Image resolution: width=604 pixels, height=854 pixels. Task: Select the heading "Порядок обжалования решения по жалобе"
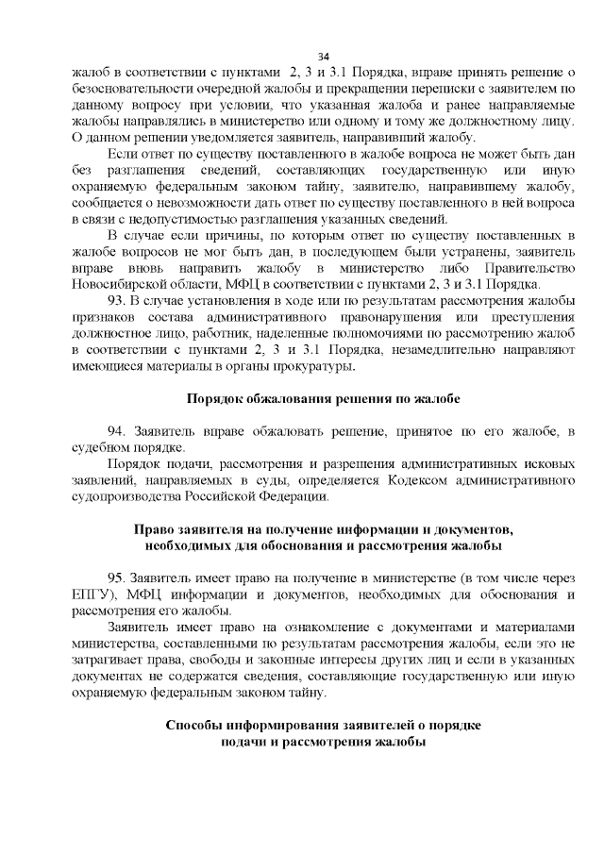tap(322, 398)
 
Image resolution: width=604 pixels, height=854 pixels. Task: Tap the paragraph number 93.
tap(118, 300)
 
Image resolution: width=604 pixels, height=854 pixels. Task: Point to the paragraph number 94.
tap(118, 431)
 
